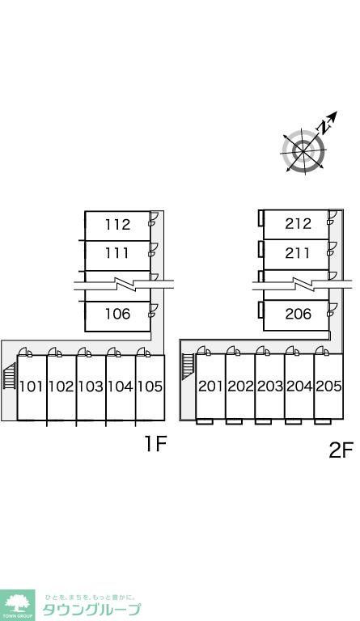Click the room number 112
point(117,225)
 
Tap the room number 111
point(117,253)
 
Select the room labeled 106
point(117,314)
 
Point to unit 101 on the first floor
point(31,387)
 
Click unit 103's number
point(91,387)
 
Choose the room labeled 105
point(150,387)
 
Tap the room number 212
point(298,224)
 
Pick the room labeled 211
point(298,253)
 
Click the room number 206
point(299,314)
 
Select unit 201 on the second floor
point(210,387)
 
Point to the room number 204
point(299,387)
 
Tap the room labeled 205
point(328,387)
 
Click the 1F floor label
point(155,443)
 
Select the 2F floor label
point(341,450)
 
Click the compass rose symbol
point(304,151)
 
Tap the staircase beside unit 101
point(10,378)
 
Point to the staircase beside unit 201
point(188,366)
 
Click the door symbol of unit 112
point(154,218)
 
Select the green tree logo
point(17,605)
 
